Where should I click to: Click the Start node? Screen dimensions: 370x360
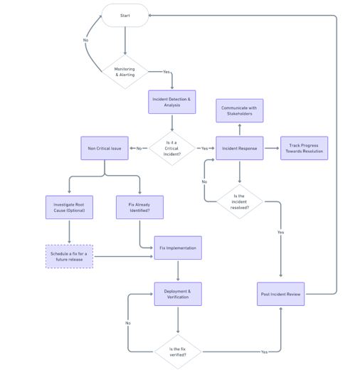[x=125, y=15]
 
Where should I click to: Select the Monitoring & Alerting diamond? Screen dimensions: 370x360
[x=125, y=72]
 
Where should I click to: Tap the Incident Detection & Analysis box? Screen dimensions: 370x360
[x=172, y=101]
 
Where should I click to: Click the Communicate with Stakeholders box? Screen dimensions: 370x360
[x=240, y=110]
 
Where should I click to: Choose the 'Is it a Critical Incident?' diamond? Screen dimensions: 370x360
[x=172, y=148]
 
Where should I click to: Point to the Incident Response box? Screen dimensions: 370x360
[x=240, y=148]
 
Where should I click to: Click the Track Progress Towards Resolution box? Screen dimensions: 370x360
[x=305, y=148]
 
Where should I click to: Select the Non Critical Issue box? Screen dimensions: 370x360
[x=105, y=148]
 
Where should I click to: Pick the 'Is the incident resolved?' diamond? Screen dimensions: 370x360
[x=240, y=202]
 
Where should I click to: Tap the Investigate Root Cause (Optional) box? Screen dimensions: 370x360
[x=69, y=207]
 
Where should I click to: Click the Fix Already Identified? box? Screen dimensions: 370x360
[x=139, y=207]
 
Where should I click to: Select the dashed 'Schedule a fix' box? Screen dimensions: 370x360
[x=69, y=256]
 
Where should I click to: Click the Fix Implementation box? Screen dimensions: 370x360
[x=178, y=248]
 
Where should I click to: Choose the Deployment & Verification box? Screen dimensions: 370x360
[x=178, y=294]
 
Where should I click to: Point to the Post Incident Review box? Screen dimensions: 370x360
[x=281, y=294]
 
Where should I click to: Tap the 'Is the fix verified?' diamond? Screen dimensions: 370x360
[x=178, y=351]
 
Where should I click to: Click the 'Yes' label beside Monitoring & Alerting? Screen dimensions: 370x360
[x=166, y=72]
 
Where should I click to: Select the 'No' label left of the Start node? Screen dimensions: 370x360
[x=86, y=40]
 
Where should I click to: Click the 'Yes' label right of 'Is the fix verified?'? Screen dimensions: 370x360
[x=264, y=351]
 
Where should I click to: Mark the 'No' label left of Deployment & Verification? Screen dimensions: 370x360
[x=128, y=323]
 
